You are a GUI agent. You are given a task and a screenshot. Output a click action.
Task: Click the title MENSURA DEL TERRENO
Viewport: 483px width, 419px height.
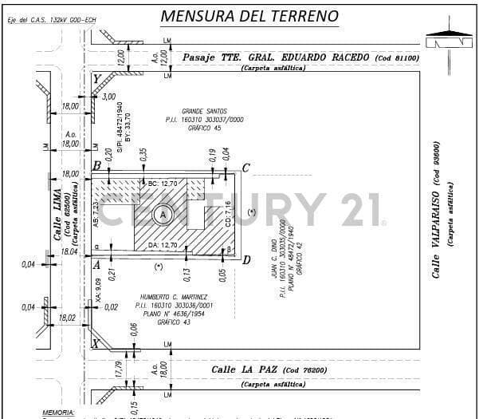click(x=249, y=16)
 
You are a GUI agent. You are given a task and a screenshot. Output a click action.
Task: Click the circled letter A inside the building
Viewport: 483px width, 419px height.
click(x=163, y=215)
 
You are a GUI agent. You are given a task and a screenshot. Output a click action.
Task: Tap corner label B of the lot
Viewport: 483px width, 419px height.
click(x=96, y=166)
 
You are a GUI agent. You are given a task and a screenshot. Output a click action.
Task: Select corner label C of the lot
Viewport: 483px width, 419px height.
click(x=245, y=168)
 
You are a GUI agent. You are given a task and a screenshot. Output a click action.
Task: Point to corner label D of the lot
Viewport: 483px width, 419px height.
click(x=246, y=259)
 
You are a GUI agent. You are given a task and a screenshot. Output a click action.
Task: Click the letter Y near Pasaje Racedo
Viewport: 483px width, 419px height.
click(x=96, y=80)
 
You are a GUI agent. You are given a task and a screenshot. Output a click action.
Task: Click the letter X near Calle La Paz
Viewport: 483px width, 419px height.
click(x=96, y=344)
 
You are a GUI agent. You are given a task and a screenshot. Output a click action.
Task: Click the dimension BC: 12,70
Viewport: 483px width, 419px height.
click(x=163, y=184)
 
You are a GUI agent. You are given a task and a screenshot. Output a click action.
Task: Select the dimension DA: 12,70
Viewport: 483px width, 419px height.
click(x=163, y=245)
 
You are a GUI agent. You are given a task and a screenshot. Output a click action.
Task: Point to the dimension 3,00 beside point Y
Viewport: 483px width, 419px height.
click(x=109, y=97)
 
